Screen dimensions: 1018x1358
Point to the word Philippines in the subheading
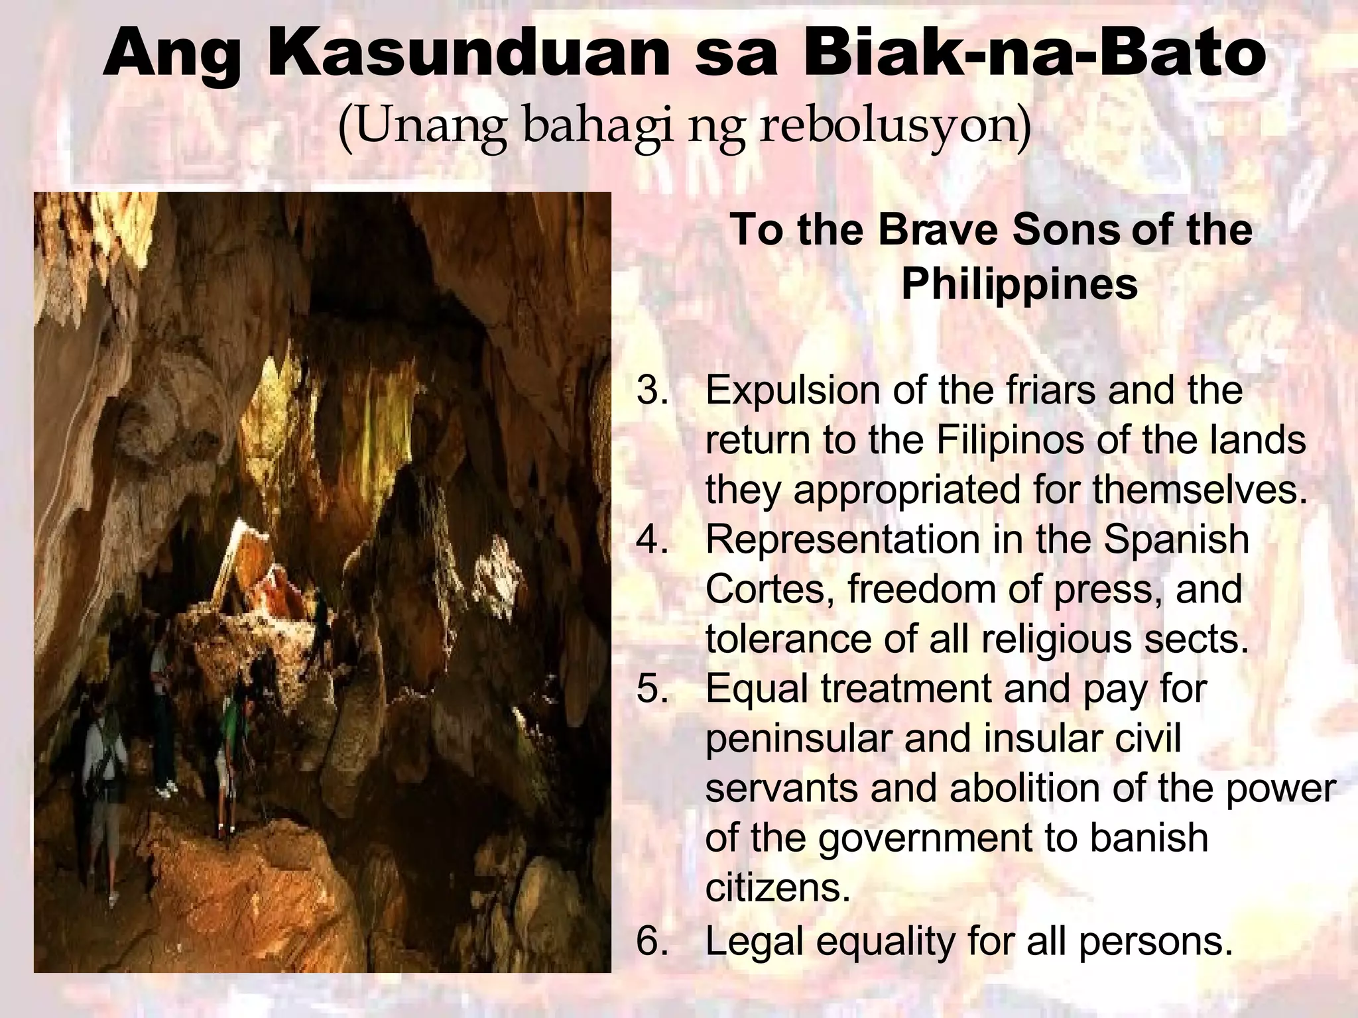pos(1019,285)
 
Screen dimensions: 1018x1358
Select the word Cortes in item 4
pos(769,589)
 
